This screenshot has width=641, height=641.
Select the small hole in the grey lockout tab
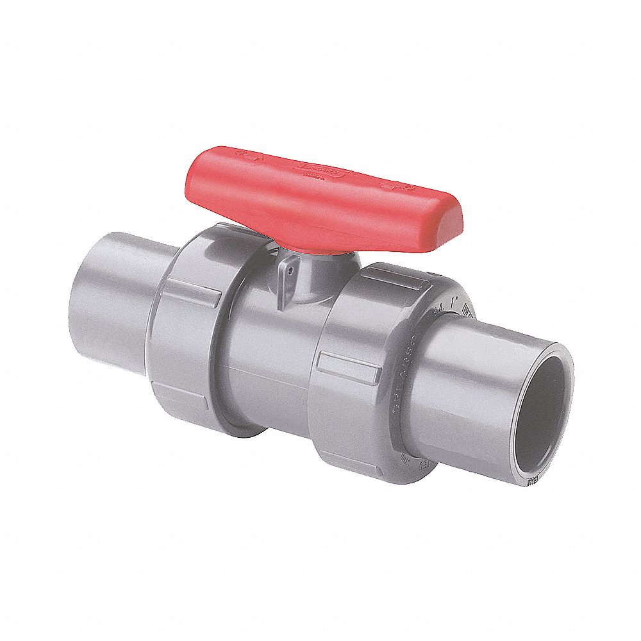pos(290,271)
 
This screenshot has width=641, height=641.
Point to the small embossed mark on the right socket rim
pos(531,481)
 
